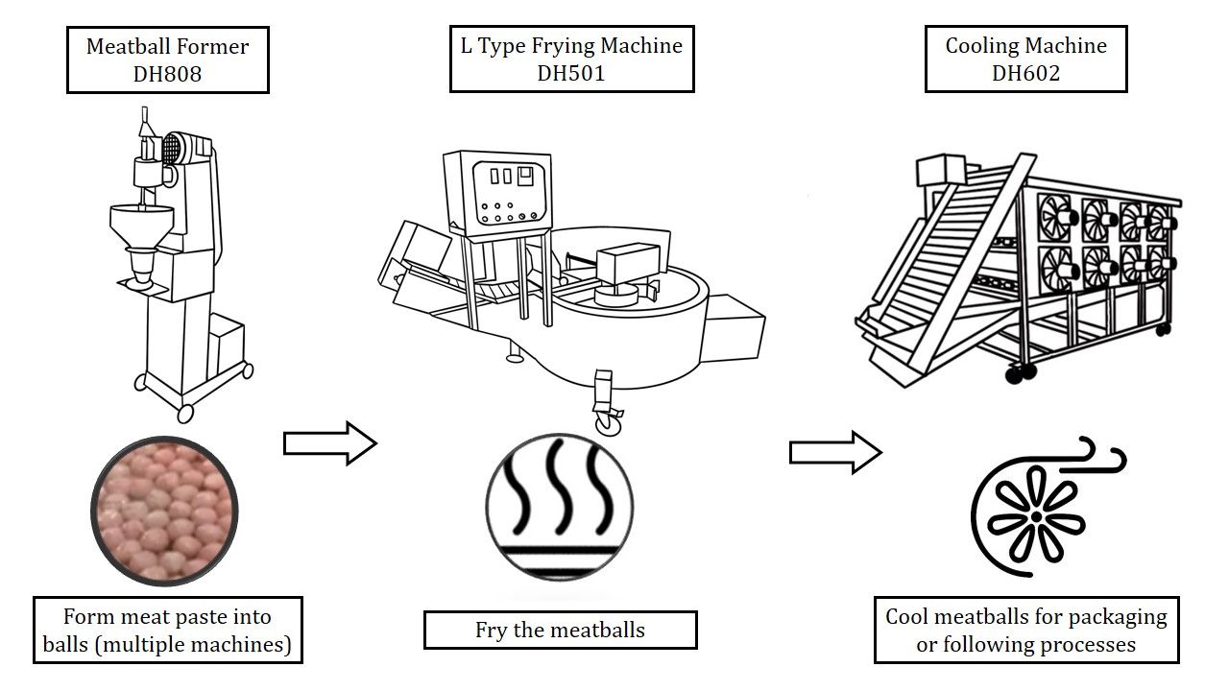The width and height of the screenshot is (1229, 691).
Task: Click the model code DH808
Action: [167, 73]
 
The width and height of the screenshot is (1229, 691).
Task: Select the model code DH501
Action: [571, 73]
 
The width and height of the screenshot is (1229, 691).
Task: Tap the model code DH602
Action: [1025, 73]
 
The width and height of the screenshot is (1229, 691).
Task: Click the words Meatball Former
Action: [167, 46]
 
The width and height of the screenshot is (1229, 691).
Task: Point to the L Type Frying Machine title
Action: [571, 45]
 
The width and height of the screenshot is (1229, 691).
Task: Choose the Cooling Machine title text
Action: [1025, 45]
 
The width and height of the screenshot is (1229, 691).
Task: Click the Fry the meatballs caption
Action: [560, 631]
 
